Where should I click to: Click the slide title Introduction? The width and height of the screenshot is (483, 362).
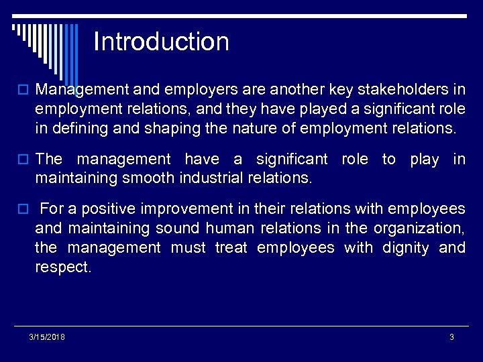coord(161,42)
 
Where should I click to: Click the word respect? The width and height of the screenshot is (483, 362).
coord(62,268)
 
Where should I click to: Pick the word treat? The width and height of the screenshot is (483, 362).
coord(232,248)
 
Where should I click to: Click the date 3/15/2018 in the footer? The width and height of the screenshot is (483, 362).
coord(47,337)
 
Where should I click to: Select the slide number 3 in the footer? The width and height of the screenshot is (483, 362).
coord(451,337)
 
